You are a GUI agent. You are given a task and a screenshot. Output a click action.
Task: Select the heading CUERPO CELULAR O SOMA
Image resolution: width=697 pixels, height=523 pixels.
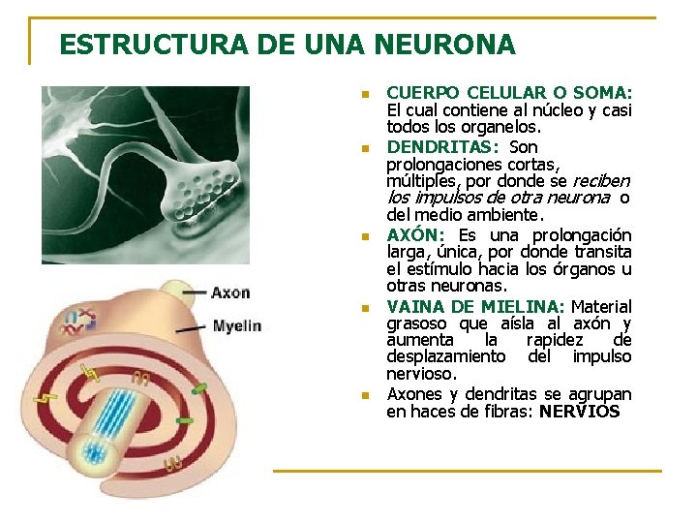(508, 93)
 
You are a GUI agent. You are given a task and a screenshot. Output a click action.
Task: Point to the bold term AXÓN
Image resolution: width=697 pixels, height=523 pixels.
(415, 235)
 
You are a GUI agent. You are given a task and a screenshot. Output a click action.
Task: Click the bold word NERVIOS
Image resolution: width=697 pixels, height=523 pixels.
(580, 411)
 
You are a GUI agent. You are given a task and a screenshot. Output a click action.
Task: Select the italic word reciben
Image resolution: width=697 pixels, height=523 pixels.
(601, 181)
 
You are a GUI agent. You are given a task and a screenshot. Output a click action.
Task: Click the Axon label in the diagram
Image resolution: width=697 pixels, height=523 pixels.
(230, 292)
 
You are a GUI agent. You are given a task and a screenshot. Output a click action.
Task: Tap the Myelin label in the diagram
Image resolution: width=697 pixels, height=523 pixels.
(236, 325)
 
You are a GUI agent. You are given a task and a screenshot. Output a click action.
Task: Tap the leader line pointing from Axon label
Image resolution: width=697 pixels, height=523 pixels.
(194, 292)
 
